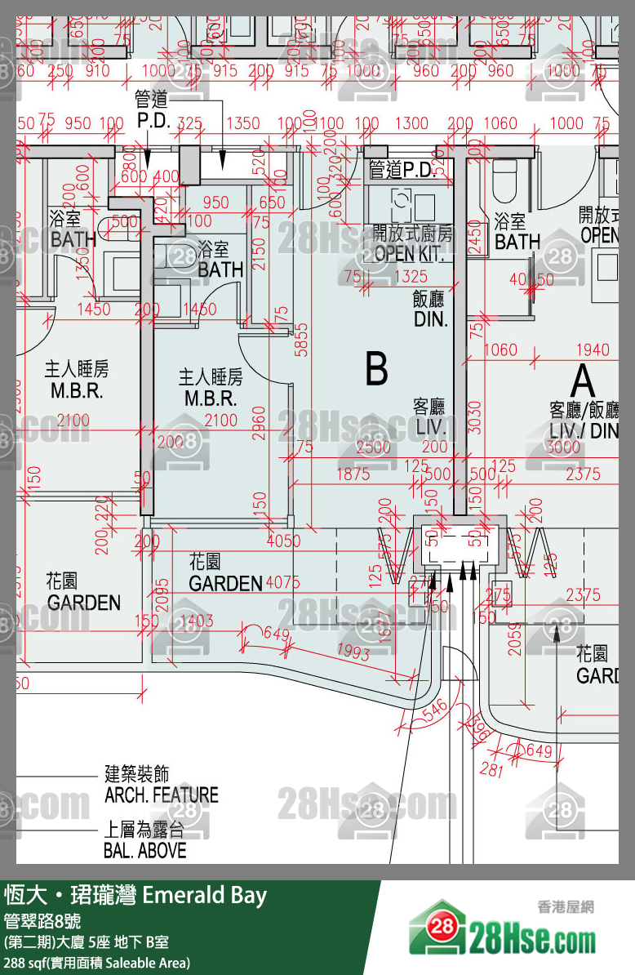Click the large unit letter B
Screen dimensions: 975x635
[376, 369]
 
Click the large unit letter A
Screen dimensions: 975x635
[582, 380]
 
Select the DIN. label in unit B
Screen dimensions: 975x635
[430, 319]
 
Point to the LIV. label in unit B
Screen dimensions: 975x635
[429, 426]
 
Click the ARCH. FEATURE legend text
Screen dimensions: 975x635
[162, 795]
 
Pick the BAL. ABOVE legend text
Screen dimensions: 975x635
[144, 850]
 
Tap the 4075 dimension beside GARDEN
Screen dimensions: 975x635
[282, 583]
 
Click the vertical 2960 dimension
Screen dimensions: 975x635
[259, 422]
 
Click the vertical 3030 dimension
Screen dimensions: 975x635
[476, 416]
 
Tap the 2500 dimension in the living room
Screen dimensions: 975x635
[374, 447]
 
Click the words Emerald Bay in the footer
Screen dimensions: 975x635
[204, 896]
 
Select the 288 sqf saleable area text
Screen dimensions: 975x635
[97, 963]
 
